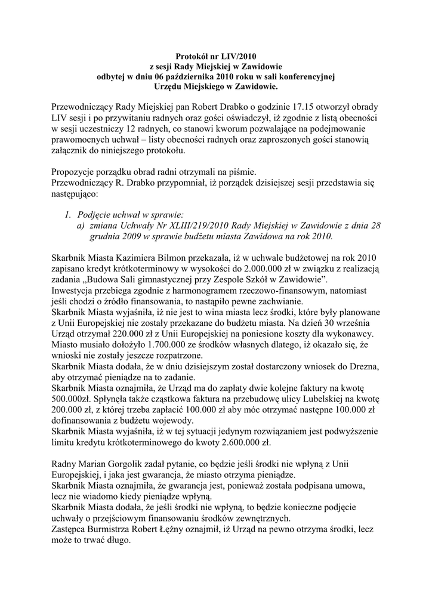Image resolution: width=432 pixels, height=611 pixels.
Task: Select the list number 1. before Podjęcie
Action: pyautogui.click(x=69, y=215)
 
